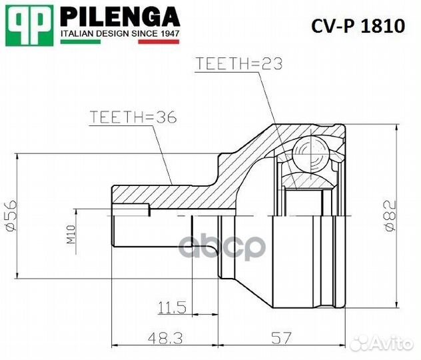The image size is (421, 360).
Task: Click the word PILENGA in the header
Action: pyautogui.click(x=119, y=16)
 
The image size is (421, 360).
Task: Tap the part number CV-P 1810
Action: pyautogui.click(x=358, y=26)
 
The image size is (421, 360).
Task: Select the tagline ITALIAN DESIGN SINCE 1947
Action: pyautogui.click(x=119, y=32)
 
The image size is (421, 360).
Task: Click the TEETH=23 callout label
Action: pyautogui.click(x=239, y=64)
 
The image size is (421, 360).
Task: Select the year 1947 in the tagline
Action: pyautogui.click(x=167, y=32)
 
